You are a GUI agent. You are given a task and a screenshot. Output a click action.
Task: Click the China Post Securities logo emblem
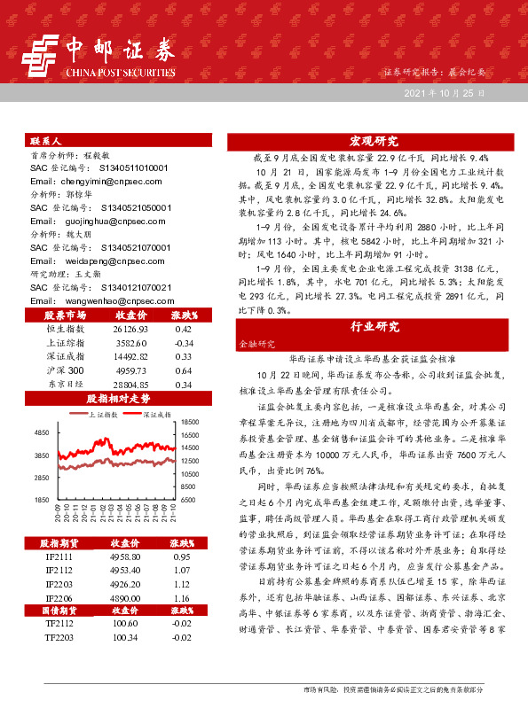[41, 56]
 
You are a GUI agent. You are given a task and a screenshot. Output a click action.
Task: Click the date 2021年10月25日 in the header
[445, 92]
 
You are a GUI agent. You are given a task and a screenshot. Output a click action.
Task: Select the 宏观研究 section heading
[374, 140]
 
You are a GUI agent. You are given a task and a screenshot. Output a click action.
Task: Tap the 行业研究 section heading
[374, 326]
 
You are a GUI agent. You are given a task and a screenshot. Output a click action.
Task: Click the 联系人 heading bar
[121, 141]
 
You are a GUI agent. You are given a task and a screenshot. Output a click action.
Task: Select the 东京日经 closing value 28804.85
[130, 385]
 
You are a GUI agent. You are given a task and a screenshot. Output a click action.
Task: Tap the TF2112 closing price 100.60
[123, 625]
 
